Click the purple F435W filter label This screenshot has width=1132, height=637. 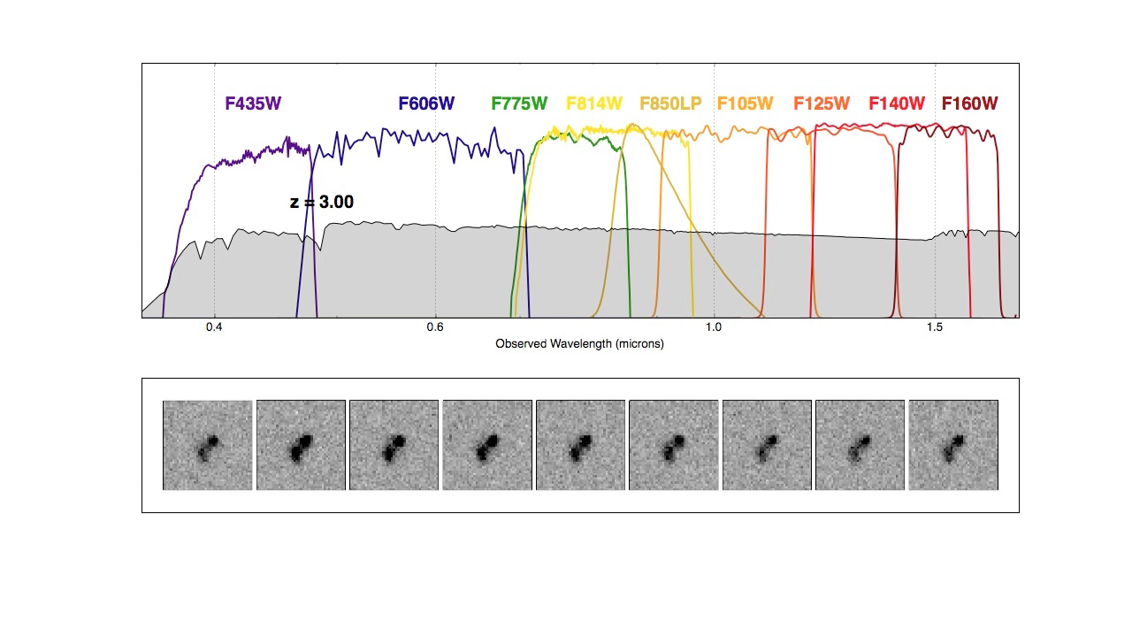pyautogui.click(x=253, y=104)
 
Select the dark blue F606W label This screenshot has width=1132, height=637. pyautogui.click(x=426, y=104)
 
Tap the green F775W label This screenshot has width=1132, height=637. pyautogui.click(x=519, y=104)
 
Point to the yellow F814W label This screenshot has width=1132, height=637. pyautogui.click(x=594, y=104)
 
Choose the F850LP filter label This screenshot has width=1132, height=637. pyautogui.click(x=670, y=104)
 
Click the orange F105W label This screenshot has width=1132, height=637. pyautogui.click(x=745, y=104)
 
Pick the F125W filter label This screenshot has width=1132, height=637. pyautogui.click(x=822, y=104)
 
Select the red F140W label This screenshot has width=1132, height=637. pyautogui.click(x=897, y=104)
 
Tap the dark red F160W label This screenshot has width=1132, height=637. pyautogui.click(x=969, y=104)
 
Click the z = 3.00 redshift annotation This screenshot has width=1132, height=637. pyautogui.click(x=322, y=203)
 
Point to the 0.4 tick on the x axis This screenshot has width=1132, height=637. pyautogui.click(x=214, y=327)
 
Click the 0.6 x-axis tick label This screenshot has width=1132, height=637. pyautogui.click(x=435, y=327)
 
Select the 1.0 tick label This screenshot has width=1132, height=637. pyautogui.click(x=714, y=327)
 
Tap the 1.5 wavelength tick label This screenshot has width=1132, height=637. pyautogui.click(x=935, y=327)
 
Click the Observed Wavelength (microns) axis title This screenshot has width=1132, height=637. pyautogui.click(x=579, y=343)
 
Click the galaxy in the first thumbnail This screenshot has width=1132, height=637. pyautogui.click(x=210, y=445)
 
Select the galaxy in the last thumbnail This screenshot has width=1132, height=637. pyautogui.click(x=954, y=445)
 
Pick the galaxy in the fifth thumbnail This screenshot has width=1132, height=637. pyautogui.click(x=581, y=445)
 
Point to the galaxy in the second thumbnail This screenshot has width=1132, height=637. pyautogui.click(x=302, y=445)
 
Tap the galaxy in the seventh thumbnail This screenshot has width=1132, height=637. pyautogui.click(x=767, y=445)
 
